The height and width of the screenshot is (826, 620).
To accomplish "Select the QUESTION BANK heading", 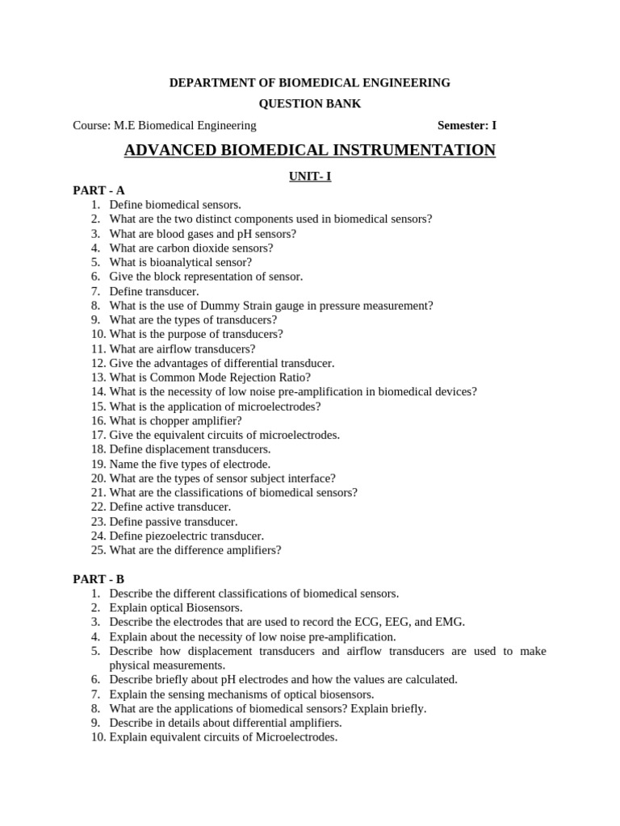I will pos(310,104).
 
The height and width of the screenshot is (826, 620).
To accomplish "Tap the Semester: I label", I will pos(467,125).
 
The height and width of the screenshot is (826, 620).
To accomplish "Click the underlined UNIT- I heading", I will pos(310,177).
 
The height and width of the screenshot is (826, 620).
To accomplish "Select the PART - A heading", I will pos(98,190).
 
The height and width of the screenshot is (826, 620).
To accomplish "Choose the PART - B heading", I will pos(98,579).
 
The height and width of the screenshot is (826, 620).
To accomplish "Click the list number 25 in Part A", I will pos(98,550).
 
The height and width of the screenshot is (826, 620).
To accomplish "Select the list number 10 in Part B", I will pos(98,737).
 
